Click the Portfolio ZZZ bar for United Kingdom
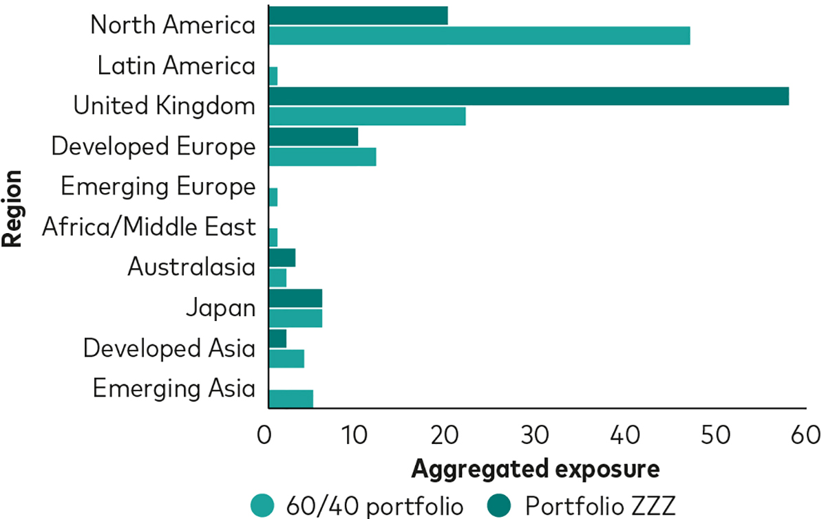tap(528, 96)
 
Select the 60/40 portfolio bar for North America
tap(479, 36)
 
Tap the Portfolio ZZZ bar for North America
tap(358, 15)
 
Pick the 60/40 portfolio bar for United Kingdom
tap(367, 116)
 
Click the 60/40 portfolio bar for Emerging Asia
tap(290, 399)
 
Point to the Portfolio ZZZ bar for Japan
tap(295, 298)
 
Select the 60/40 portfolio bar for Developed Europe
tap(322, 157)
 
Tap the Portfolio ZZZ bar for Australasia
tap(282, 258)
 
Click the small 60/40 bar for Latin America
tap(273, 76)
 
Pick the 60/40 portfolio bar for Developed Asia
tap(286, 358)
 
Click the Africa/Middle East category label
tap(149, 227)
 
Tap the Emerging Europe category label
tap(158, 186)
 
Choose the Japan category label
tap(220, 308)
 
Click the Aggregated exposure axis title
tap(536, 470)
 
